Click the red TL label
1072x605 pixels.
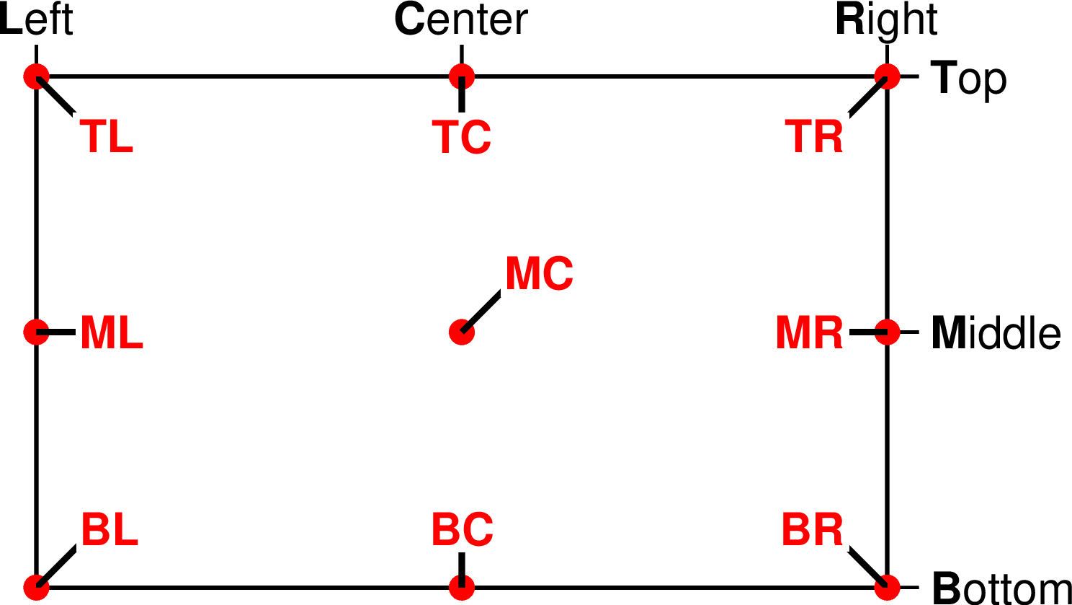tap(106, 136)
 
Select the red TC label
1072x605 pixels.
tap(461, 136)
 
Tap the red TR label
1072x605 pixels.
tap(813, 136)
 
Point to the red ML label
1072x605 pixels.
tap(112, 333)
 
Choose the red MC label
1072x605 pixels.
tap(540, 273)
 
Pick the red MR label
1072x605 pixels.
tap(809, 333)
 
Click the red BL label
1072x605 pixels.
tap(110, 529)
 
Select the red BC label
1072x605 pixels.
tap(463, 529)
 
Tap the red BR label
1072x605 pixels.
tap(812, 529)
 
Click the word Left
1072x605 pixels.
tap(36, 19)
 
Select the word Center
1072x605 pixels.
tap(461, 19)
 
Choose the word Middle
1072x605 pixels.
tap(996, 332)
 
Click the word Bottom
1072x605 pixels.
tap(1002, 588)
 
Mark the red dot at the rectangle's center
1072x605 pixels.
tap(462, 332)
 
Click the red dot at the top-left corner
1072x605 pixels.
tap(36, 76)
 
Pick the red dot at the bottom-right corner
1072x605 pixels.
tap(888, 587)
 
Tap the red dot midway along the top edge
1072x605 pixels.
tap(462, 76)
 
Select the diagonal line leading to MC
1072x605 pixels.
tap(481, 312)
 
